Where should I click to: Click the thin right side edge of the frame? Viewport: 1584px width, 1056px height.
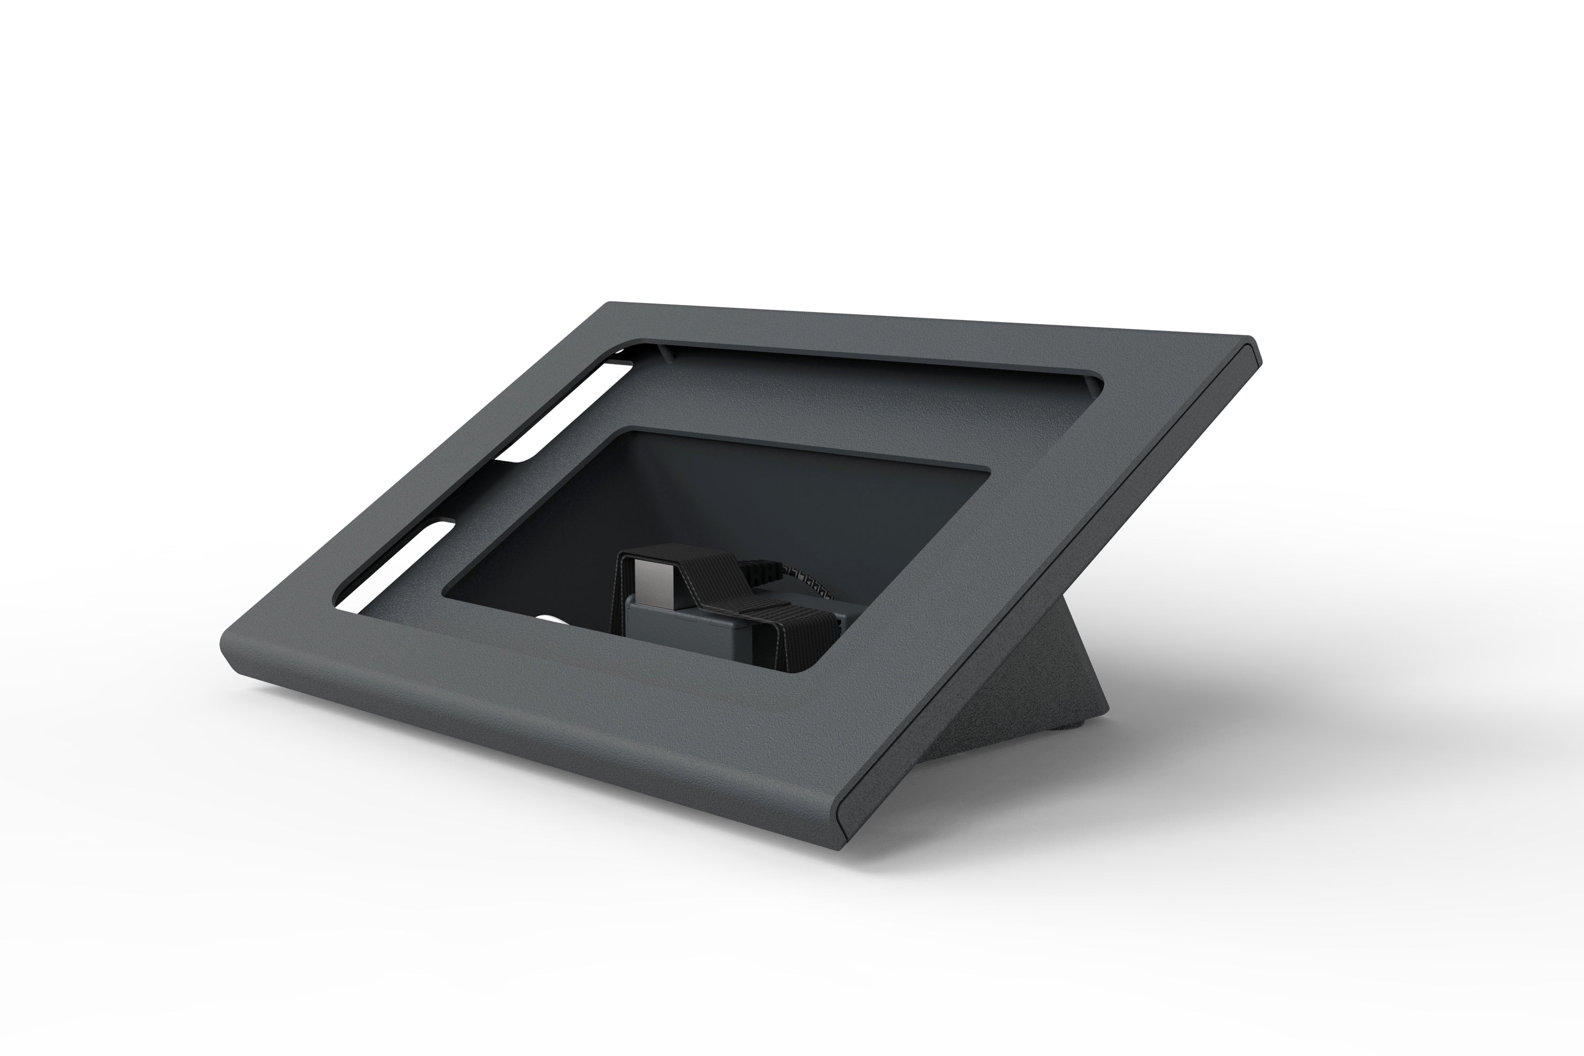pyautogui.click(x=1051, y=592)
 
